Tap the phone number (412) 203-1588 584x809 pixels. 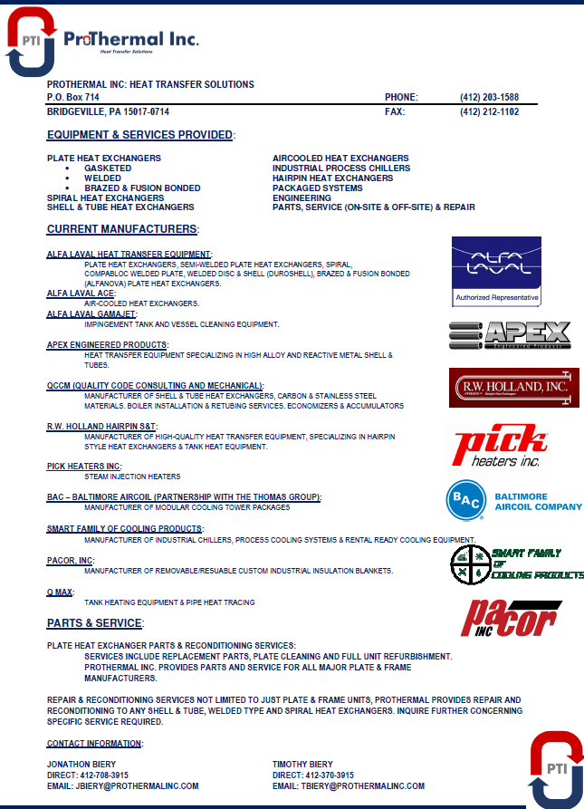tap(489, 97)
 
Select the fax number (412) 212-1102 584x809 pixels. tap(489, 111)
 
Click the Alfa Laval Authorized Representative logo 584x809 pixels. tap(496, 271)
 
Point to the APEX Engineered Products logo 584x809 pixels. tap(510, 335)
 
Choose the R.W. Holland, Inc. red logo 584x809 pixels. tap(513, 388)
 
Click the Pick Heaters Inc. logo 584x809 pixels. tap(501, 448)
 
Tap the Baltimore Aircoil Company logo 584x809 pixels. tap(513, 501)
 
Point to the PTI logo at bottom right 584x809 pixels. tap(556, 769)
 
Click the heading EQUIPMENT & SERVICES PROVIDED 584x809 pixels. tap(139, 135)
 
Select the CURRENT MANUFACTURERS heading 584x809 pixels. tap(121, 229)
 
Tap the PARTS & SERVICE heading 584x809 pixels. tap(94, 623)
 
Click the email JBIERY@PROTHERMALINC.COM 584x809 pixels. tap(122, 785)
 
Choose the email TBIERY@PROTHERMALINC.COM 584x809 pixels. tap(348, 785)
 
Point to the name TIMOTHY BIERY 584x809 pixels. tap(302, 764)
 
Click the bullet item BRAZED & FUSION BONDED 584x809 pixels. tap(142, 188)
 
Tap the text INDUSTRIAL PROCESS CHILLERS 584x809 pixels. tap(341, 168)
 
